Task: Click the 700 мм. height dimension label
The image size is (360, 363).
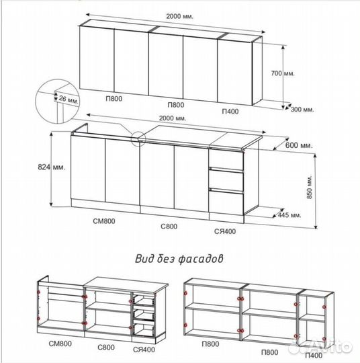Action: point(283,73)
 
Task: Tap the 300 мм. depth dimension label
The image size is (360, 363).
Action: point(302,110)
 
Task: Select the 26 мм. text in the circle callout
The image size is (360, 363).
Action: point(69,99)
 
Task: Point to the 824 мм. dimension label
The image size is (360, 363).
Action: point(51,167)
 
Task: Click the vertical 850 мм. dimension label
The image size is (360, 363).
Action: point(310,187)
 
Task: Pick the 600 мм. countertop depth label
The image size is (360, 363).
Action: point(299,145)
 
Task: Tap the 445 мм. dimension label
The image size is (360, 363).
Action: point(289,215)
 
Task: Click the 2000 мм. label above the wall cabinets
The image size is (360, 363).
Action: point(179,16)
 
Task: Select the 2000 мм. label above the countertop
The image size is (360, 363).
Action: point(173,118)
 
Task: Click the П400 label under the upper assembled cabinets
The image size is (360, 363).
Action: point(230,112)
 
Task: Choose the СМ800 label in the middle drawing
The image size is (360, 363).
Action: point(104,221)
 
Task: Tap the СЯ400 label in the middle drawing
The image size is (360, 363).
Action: point(225,231)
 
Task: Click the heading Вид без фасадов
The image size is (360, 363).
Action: point(179,259)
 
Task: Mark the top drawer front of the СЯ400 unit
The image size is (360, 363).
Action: point(226,160)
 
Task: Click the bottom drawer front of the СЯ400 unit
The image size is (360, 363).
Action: point(226,202)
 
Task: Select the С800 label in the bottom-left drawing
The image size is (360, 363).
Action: point(106,348)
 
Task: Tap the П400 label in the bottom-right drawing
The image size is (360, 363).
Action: point(314,356)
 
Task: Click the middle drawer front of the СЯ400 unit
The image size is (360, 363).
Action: point(226,180)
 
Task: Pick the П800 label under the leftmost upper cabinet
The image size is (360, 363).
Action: point(114,99)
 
